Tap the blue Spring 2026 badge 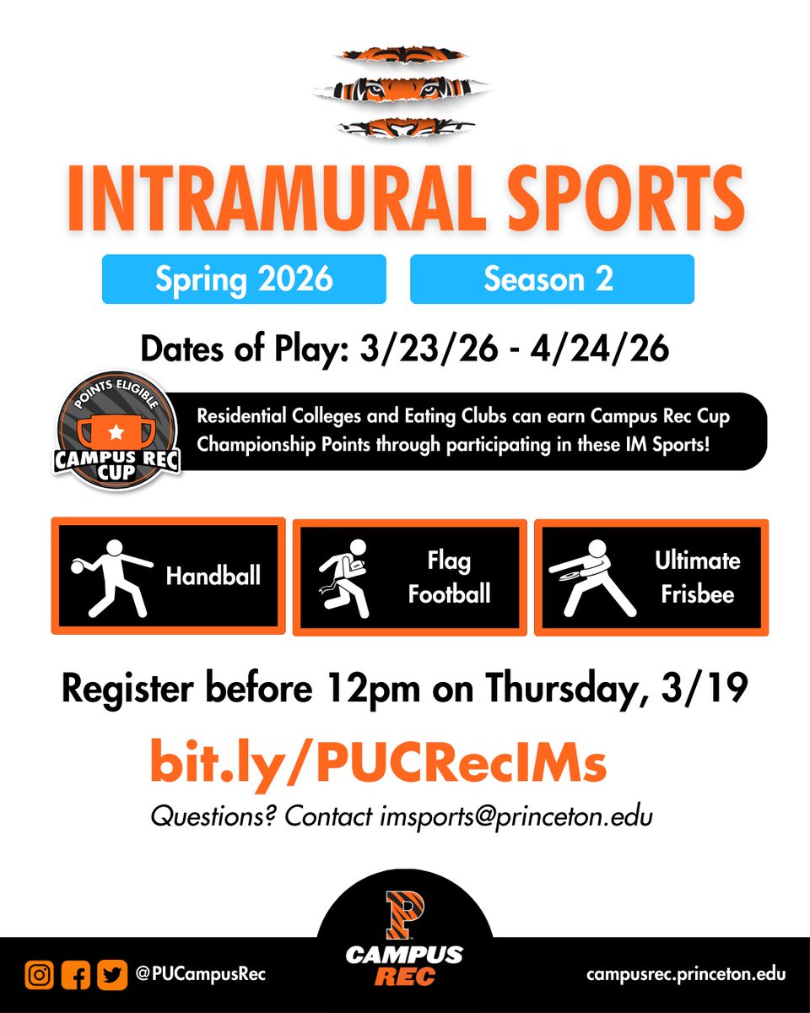pyautogui.click(x=244, y=279)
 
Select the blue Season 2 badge pyautogui.click(x=552, y=279)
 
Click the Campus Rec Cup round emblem pyautogui.click(x=117, y=433)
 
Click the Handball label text pyautogui.click(x=213, y=577)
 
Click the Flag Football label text pyautogui.click(x=449, y=577)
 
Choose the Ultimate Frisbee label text pyautogui.click(x=697, y=577)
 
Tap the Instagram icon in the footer pyautogui.click(x=38, y=974)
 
